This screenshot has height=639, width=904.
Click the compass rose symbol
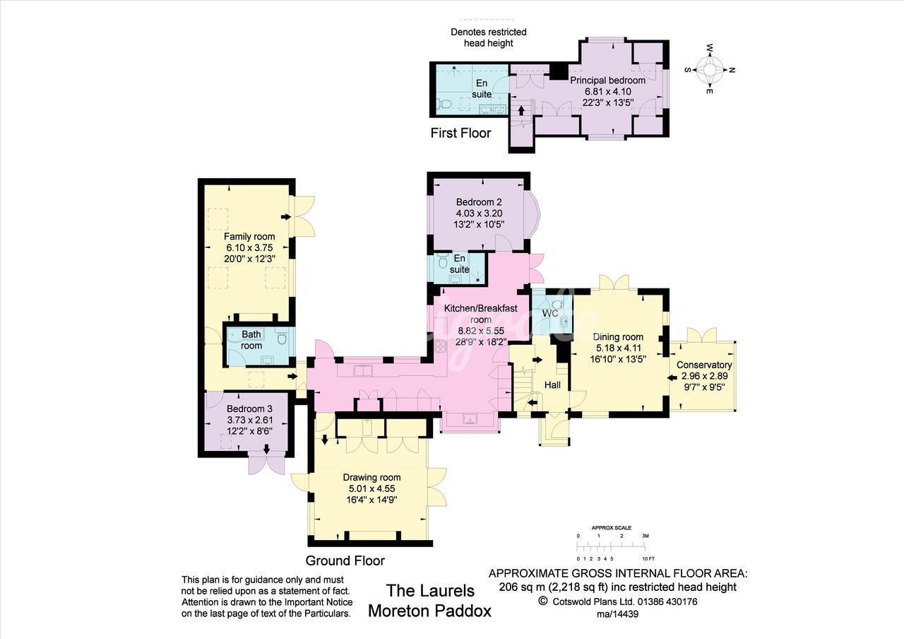(x=710, y=69)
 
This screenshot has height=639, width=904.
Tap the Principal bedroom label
(x=607, y=81)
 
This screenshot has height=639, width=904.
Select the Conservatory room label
(x=704, y=365)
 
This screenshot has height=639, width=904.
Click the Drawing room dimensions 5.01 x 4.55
(x=371, y=488)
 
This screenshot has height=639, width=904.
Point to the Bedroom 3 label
(x=249, y=409)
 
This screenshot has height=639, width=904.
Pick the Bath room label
(x=251, y=340)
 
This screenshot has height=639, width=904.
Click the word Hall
(x=552, y=385)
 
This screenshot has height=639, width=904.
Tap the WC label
(x=550, y=313)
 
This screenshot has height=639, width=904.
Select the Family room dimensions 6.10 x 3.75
(x=249, y=247)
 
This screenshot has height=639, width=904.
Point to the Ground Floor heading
(x=345, y=561)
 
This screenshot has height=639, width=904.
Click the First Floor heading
(x=460, y=133)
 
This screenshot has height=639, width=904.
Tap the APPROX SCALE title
(x=612, y=527)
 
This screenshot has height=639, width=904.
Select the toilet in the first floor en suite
(x=444, y=104)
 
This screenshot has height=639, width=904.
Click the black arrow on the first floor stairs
(x=521, y=110)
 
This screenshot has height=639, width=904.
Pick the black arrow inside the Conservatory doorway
(x=672, y=377)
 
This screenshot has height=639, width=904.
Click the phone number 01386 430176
(x=667, y=602)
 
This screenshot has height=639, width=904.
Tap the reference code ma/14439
(x=618, y=614)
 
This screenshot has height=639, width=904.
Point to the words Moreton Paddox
(x=430, y=611)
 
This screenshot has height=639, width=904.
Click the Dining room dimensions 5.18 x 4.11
(x=618, y=348)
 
